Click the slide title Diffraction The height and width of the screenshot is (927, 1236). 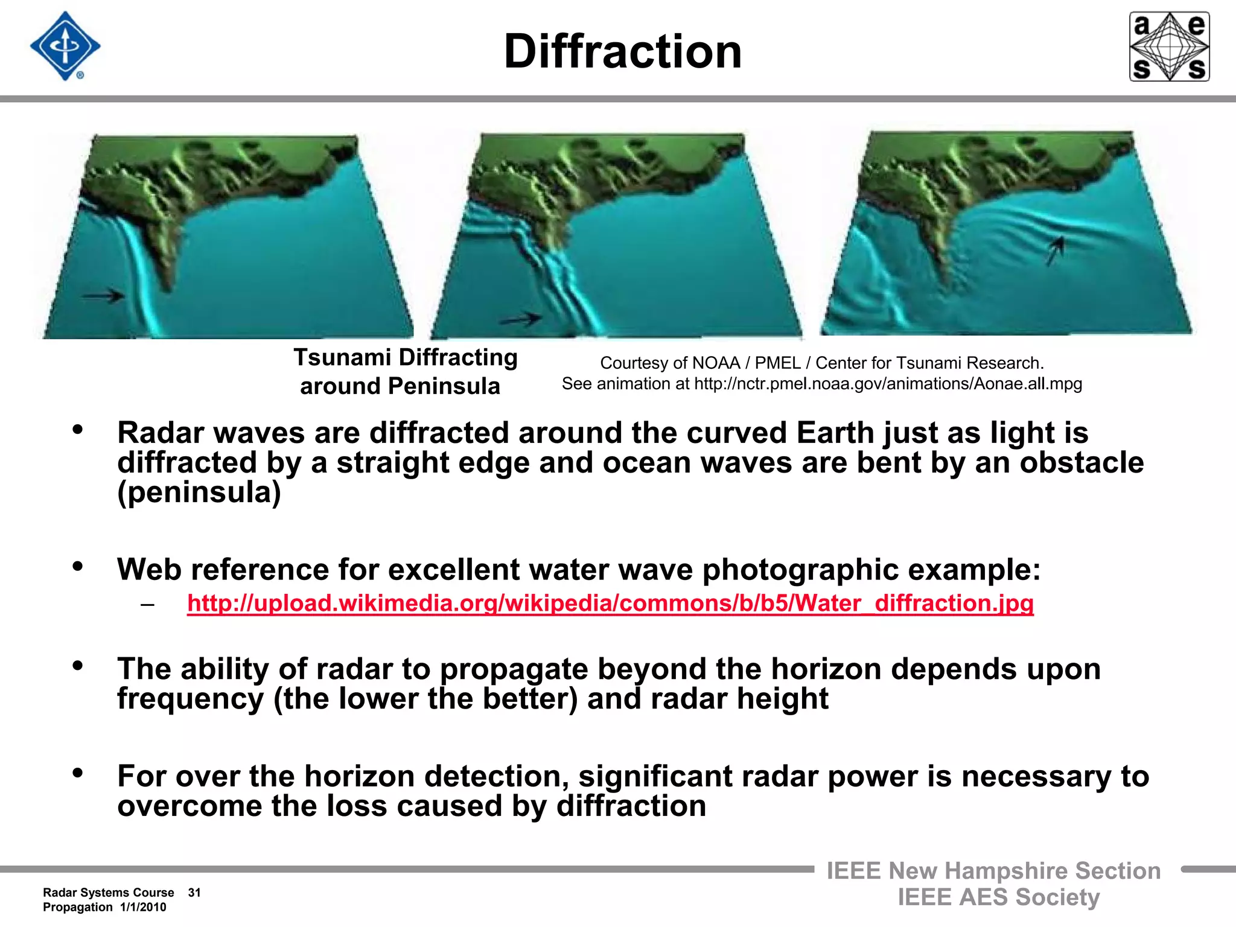(622, 52)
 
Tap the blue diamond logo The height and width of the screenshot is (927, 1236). (65, 46)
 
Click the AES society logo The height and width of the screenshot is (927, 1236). (1169, 46)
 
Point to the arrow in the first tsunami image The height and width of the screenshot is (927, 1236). (103, 296)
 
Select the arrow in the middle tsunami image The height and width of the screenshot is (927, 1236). (521, 319)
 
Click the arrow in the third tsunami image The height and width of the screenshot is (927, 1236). (1054, 251)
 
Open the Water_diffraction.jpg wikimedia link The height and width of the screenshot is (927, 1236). (610, 603)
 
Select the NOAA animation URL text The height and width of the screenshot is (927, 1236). (888, 384)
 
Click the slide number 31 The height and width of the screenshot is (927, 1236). (194, 893)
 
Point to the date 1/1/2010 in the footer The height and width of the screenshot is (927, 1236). (143, 907)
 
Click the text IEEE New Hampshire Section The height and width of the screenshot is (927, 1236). (993, 871)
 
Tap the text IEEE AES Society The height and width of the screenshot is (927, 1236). (998, 897)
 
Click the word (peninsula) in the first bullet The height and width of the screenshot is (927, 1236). (199, 492)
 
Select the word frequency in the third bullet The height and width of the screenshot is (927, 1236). (190, 699)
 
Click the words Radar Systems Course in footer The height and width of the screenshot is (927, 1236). (108, 893)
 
